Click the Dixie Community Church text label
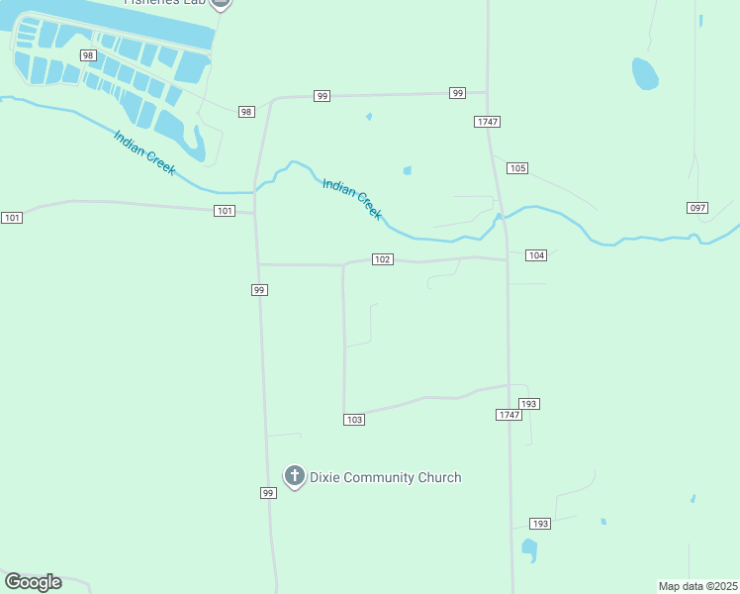385,477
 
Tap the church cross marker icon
294,476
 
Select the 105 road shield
516,168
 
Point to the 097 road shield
697,207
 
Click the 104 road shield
536,255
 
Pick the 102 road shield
383,259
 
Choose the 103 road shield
354,420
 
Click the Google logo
34,582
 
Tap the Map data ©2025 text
698,586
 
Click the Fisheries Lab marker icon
221,3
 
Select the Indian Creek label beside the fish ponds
144,153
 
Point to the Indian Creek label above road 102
352,198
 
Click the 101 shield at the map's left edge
12,217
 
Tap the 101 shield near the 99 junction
225,210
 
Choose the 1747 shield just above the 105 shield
487,121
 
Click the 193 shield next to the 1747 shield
529,404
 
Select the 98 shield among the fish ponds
88,55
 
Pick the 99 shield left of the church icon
267,493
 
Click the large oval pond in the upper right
645,73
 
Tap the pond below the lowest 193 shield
529,549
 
